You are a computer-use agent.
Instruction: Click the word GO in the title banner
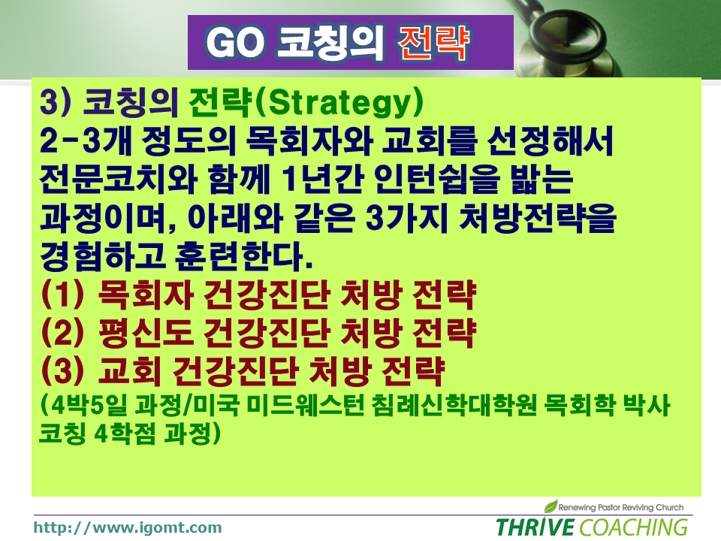(236, 43)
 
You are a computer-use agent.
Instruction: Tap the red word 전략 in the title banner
(434, 43)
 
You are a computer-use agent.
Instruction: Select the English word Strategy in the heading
(339, 103)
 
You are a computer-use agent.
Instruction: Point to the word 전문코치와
(119, 180)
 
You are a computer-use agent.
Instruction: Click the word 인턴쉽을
(436, 180)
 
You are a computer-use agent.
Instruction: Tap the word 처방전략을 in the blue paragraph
(538, 218)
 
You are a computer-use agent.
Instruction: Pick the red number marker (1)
(62, 295)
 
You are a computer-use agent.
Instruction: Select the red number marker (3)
(62, 370)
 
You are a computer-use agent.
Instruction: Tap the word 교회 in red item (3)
(130, 370)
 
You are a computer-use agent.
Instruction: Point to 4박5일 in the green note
(87, 405)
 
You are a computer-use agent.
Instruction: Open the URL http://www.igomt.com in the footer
(128, 527)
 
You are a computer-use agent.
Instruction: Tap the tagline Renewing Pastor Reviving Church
(621, 507)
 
